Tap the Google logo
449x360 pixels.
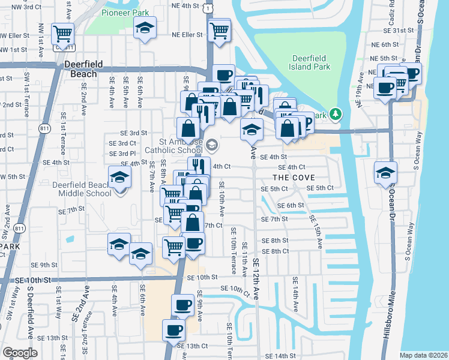pos(20,353)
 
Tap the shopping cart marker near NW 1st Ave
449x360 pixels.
pos(62,33)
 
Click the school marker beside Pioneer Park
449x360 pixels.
pos(144,29)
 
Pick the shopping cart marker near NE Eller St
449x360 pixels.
pos(220,28)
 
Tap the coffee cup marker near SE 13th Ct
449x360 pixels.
pos(174,329)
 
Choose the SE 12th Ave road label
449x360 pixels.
pos(256,286)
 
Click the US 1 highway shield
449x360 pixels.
pos(208,6)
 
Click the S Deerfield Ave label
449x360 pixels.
pos(30,315)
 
